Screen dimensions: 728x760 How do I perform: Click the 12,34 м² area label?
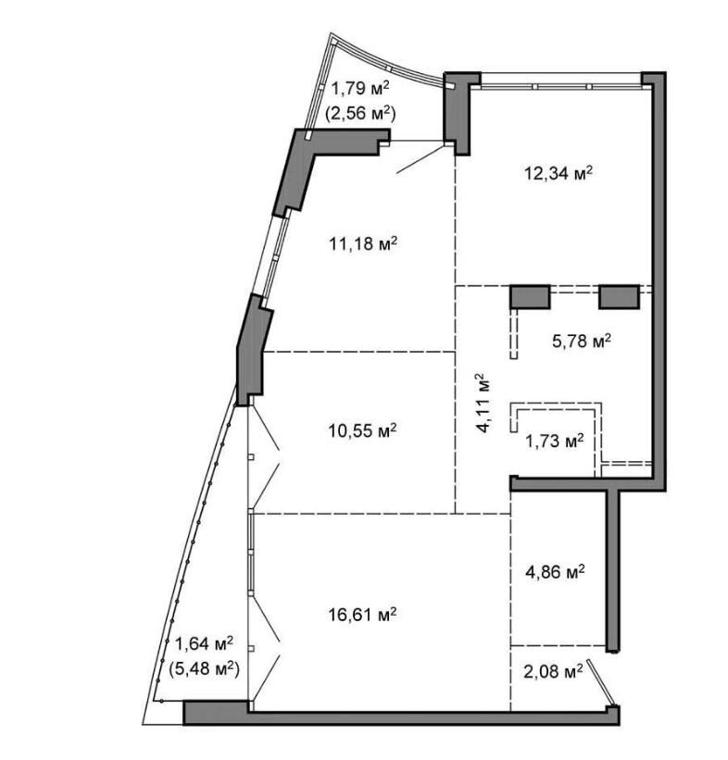[559, 173]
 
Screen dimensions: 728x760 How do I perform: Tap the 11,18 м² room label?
[363, 243]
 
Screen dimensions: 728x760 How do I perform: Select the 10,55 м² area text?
[363, 430]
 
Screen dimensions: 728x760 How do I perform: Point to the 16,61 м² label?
[363, 615]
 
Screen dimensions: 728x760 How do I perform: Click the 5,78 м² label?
[582, 341]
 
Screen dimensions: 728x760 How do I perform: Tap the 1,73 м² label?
[555, 441]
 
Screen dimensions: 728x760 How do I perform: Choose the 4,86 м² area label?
[556, 572]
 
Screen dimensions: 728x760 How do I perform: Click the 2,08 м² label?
[553, 672]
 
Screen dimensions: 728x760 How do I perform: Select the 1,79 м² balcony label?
[360, 89]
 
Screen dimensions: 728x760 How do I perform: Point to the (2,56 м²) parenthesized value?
[360, 114]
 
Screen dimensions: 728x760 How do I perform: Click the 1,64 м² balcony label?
[204, 643]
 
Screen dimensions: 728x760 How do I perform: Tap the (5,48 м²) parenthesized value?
[204, 669]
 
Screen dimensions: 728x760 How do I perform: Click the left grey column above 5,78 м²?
[530, 296]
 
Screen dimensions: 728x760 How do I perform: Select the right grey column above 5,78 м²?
[620, 296]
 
